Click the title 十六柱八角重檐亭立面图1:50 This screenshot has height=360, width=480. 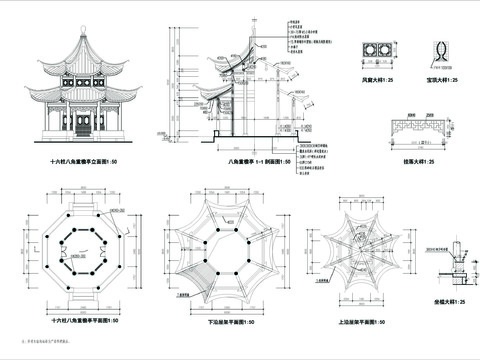tap(92, 160)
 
